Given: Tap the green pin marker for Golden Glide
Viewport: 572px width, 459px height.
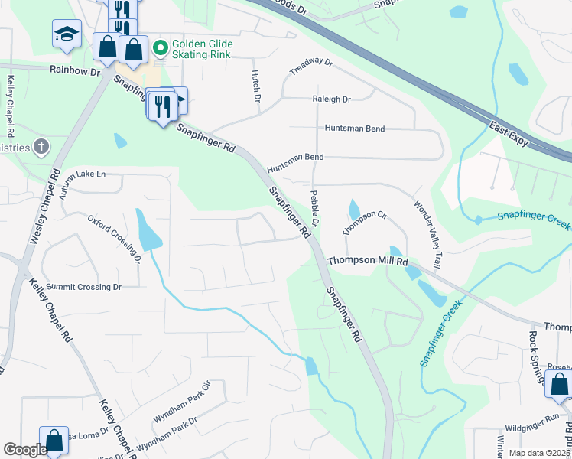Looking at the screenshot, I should click(x=160, y=50).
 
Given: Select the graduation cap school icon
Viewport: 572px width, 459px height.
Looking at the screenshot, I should click(x=67, y=33).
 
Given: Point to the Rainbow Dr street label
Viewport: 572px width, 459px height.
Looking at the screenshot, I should click(x=76, y=70).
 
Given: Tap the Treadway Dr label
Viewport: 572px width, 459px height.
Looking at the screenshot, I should click(x=312, y=67).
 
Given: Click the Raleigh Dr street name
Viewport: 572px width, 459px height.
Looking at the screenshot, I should click(x=331, y=99).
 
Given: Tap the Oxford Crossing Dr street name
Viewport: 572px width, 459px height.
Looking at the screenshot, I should click(x=114, y=238).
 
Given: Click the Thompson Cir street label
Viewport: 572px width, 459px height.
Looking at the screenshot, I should click(x=366, y=223).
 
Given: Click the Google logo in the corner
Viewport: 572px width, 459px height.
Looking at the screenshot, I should click(x=24, y=450).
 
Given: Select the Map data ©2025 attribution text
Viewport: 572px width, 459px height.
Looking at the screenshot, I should click(x=539, y=453).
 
